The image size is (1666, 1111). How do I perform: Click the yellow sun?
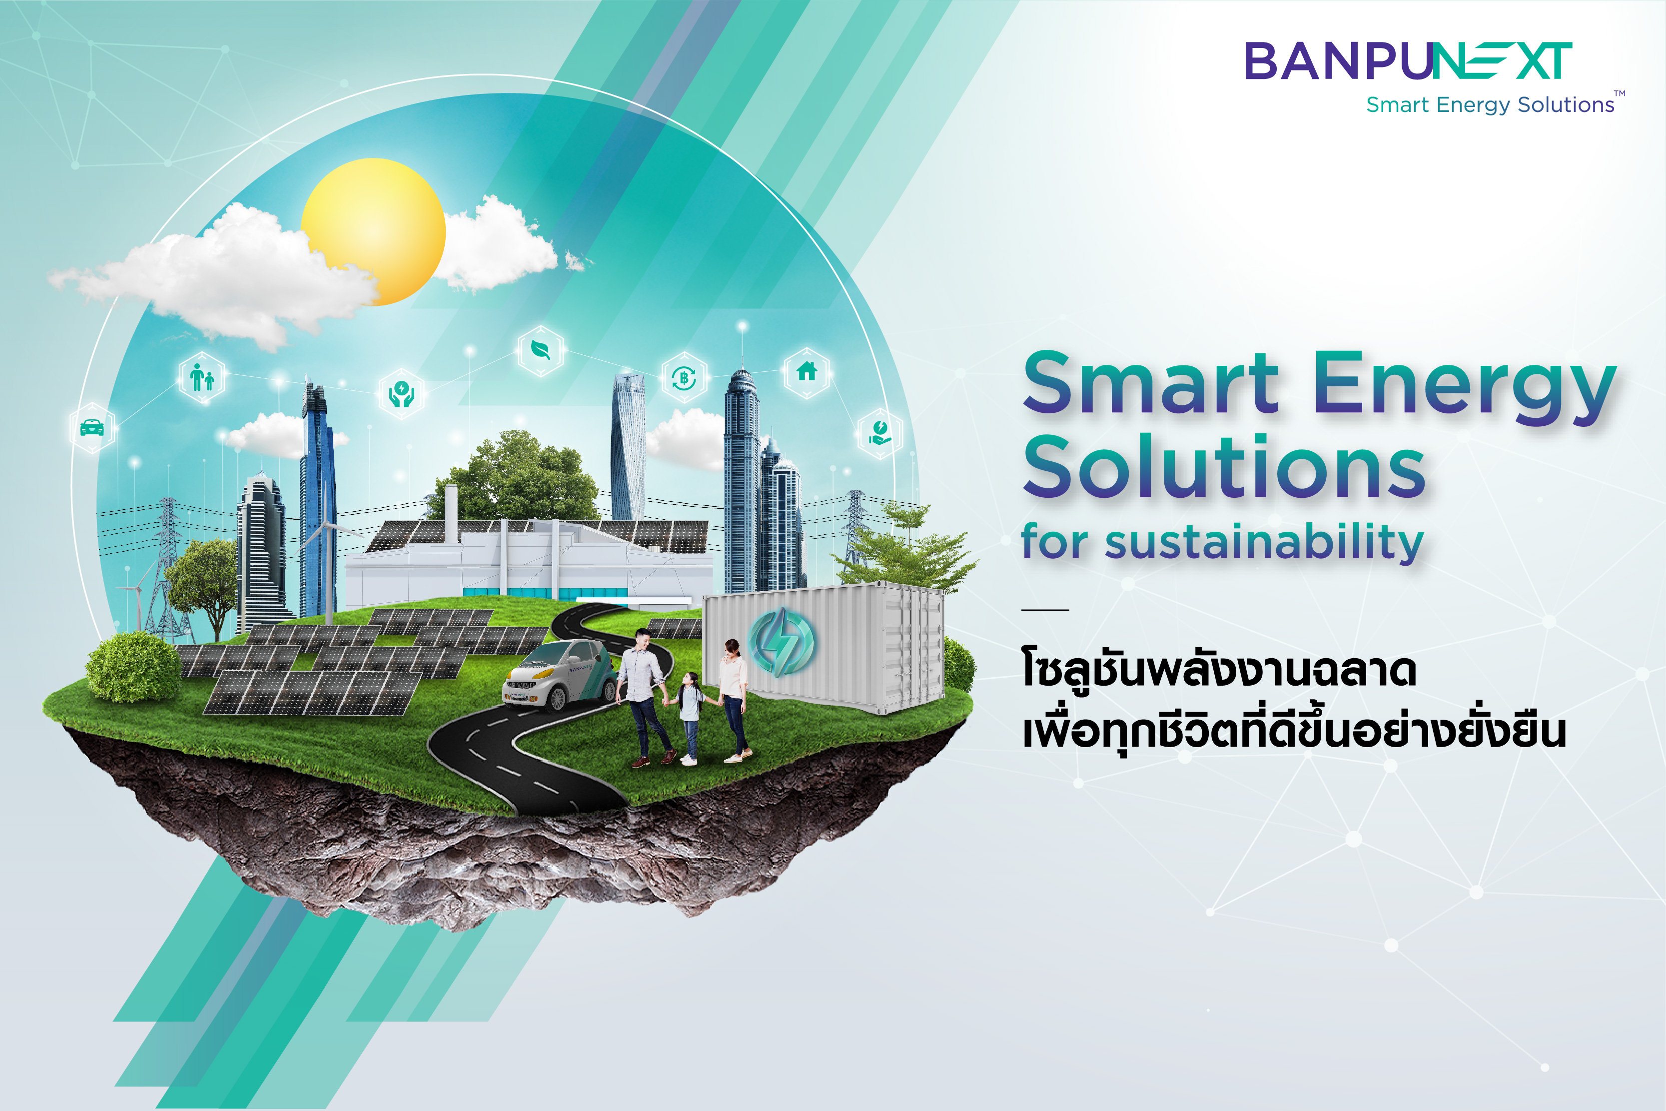[x=373, y=232]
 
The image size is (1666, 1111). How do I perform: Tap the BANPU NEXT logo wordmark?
[x=1408, y=61]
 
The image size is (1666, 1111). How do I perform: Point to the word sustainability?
[x=1264, y=542]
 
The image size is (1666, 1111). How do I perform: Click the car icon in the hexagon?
[x=92, y=428]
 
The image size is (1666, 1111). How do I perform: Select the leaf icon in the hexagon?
[x=541, y=350]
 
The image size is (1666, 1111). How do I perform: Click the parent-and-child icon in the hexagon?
[x=202, y=377]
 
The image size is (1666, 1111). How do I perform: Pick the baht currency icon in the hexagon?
[x=684, y=378]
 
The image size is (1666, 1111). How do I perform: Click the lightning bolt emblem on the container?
[x=782, y=641]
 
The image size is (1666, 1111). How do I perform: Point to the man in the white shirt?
[x=645, y=698]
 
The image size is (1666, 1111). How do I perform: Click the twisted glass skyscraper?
[x=628, y=446]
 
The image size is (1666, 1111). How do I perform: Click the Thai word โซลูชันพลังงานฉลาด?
[x=1218, y=670]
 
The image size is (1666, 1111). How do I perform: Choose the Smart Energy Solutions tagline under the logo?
[x=1490, y=105]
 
